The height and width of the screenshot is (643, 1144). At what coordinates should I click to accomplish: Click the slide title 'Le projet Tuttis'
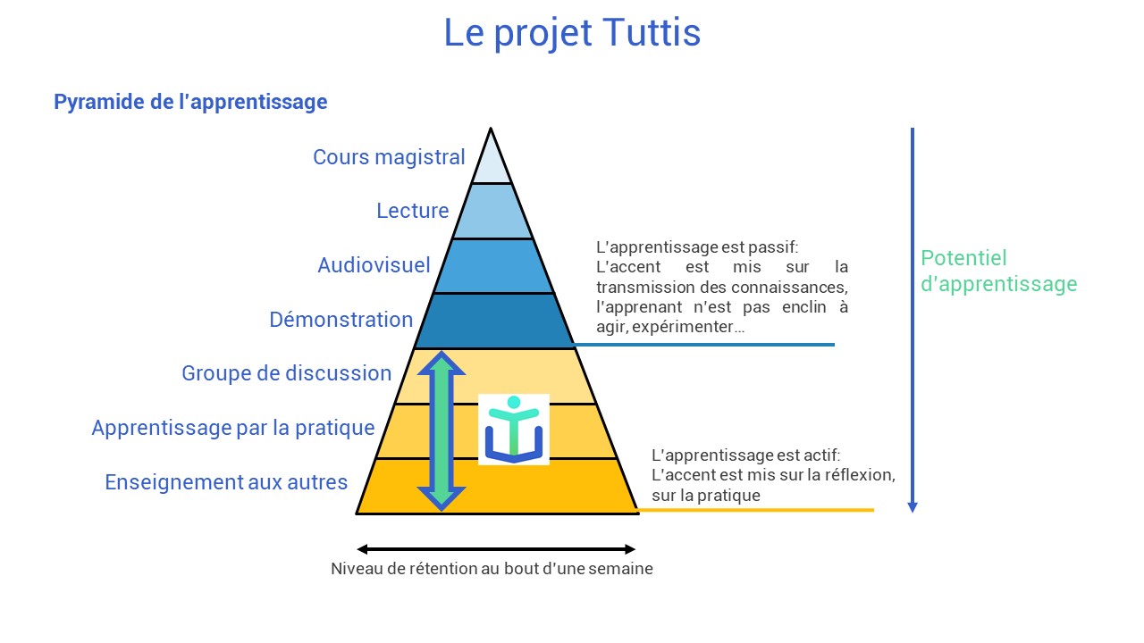(572, 34)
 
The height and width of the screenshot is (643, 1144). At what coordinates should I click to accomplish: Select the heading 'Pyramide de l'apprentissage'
(190, 102)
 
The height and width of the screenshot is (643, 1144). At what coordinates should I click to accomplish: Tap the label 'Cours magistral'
(389, 157)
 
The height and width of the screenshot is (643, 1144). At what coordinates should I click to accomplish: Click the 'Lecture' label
(413, 210)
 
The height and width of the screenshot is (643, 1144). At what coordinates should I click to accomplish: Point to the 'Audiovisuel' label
(374, 265)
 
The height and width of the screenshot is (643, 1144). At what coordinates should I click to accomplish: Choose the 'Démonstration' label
(341, 320)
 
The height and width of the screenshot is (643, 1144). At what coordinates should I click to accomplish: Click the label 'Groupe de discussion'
(287, 373)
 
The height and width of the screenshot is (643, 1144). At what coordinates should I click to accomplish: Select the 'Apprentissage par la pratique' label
(233, 428)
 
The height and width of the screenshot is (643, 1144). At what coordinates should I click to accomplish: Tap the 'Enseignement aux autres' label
(226, 482)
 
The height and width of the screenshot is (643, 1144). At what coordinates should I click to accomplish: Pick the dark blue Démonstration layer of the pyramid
(494, 321)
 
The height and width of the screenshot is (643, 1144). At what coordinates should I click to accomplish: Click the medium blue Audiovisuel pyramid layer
(493, 266)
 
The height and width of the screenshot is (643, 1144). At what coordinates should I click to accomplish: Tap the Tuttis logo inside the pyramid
(514, 430)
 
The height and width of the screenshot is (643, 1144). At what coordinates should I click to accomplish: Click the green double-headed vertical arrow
(442, 430)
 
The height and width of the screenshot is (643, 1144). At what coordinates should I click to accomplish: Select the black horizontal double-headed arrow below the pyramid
(496, 549)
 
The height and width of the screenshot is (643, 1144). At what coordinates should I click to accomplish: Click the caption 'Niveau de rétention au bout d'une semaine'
(492, 569)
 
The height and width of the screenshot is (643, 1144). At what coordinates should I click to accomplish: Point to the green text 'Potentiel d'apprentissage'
(998, 271)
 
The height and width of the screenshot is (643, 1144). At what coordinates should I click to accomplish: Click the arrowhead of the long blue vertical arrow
(913, 506)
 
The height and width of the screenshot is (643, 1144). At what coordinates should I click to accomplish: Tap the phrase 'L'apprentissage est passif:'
(697, 247)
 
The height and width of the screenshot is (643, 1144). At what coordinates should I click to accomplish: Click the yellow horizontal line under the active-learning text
(756, 510)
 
